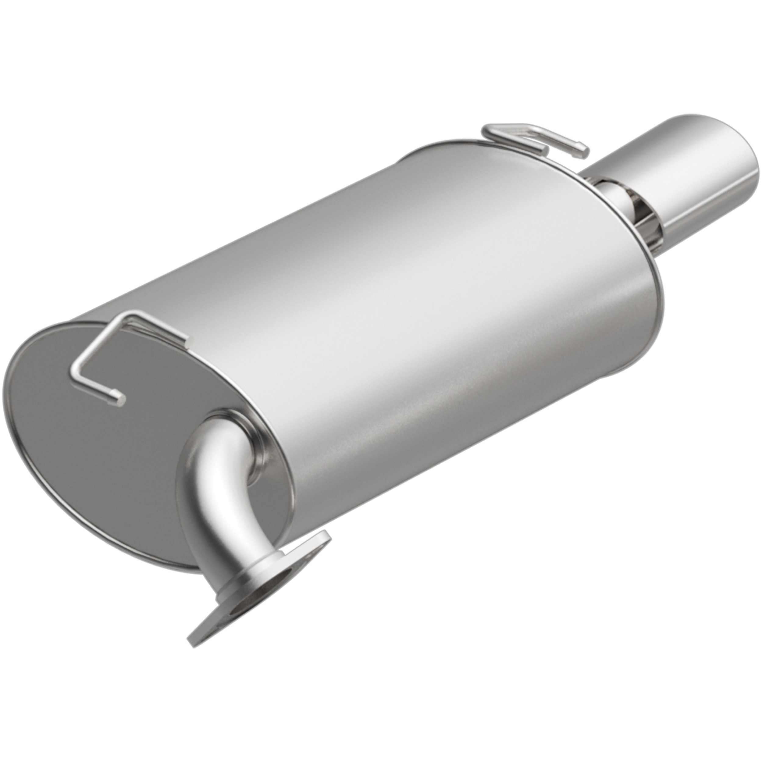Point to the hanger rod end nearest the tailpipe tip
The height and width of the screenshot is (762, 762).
click(x=583, y=153)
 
